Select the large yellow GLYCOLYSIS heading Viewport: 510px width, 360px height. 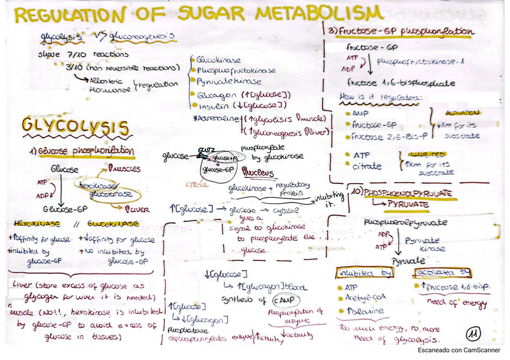(x=75, y=126)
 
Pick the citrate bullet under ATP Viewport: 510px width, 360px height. (x=367, y=166)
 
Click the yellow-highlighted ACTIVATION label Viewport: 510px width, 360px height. (x=461, y=112)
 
